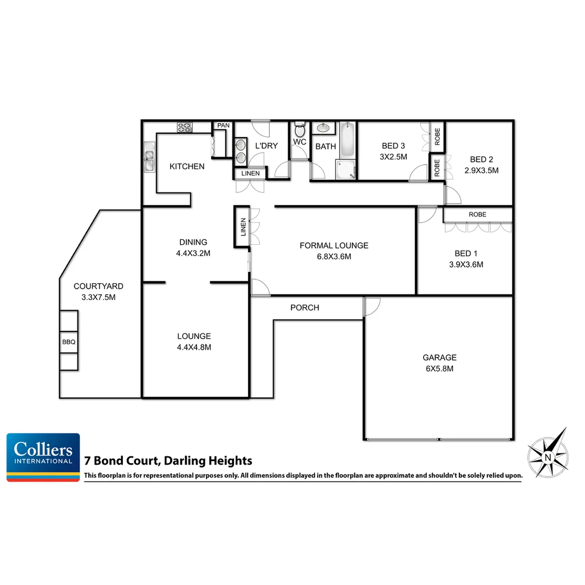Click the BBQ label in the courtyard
tap(68, 342)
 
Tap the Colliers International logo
tap(43, 457)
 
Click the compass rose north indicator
tap(548, 453)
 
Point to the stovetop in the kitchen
tap(184, 127)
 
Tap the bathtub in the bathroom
tap(348, 139)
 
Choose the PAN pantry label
tap(223, 126)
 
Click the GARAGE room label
tap(439, 357)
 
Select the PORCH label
tap(304, 308)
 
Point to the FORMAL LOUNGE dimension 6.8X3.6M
tap(334, 257)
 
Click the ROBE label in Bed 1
tap(477, 214)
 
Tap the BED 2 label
tap(481, 159)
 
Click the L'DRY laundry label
tap(266, 146)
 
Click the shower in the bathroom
tap(346, 169)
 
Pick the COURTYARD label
tap(99, 286)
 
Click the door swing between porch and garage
tap(372, 307)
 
